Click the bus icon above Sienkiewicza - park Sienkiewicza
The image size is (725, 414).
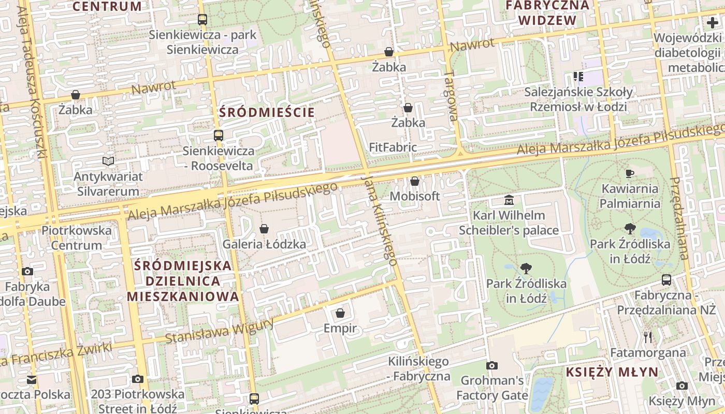[202, 20]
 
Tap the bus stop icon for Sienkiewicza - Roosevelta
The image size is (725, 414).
[219, 136]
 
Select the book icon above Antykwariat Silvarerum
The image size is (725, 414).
[108, 161]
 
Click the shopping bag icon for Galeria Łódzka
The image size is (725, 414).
[264, 229]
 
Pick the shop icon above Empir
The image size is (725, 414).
[340, 313]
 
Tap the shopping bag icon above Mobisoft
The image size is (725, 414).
[414, 181]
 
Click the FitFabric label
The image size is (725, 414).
[393, 147]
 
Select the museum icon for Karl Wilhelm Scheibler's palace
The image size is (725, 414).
[509, 200]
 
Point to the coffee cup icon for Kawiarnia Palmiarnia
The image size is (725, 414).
[630, 173]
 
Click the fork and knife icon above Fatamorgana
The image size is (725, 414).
[648, 337]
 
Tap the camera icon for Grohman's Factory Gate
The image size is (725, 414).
[492, 366]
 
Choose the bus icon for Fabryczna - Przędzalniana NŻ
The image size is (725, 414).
[666, 280]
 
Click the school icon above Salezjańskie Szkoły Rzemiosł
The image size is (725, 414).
[578, 77]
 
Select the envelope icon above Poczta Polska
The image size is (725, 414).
[32, 380]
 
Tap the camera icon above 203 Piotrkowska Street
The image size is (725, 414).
[137, 379]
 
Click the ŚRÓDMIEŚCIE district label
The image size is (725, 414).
[267, 112]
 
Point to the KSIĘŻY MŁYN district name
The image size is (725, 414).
[612, 372]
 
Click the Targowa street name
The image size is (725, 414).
[451, 96]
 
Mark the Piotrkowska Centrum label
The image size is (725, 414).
[77, 238]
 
